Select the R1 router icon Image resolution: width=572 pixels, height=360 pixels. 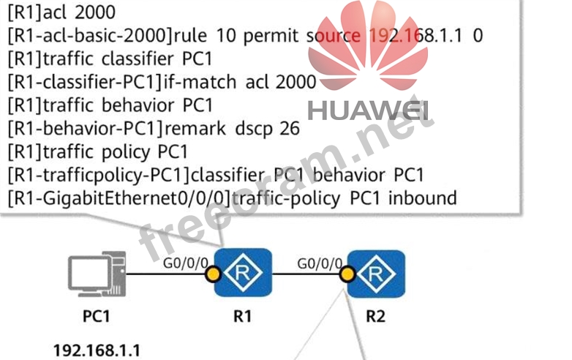coord(243,273)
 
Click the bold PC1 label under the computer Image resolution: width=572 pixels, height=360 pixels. coord(97,317)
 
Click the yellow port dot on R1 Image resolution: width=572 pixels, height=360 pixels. coord(213,275)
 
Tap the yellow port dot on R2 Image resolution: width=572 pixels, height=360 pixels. coord(347,275)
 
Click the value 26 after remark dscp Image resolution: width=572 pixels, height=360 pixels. coord(290,129)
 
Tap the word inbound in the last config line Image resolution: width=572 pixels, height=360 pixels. coord(424,198)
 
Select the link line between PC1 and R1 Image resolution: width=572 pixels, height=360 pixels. coord(168,276)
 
